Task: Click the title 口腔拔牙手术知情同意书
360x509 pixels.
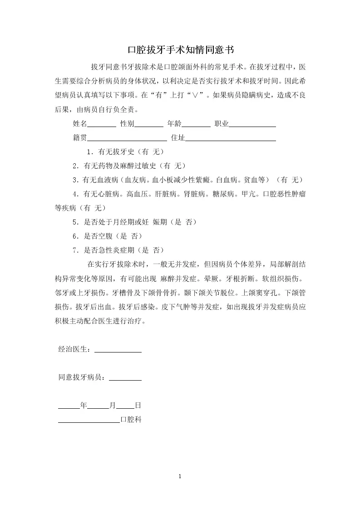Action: point(180,49)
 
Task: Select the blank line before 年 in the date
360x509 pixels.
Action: point(69,406)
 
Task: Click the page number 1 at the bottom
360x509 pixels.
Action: point(180,476)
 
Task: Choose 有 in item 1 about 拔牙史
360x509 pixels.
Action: point(143,152)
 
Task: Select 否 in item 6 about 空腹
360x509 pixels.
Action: point(134,236)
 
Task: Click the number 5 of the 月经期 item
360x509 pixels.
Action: point(75,222)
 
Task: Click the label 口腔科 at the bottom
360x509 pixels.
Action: point(131,420)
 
